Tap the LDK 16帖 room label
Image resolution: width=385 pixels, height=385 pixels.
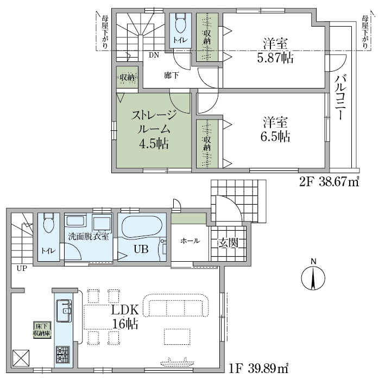125,317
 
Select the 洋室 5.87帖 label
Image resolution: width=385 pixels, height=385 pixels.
275,51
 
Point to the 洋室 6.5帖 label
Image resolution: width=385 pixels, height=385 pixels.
275,129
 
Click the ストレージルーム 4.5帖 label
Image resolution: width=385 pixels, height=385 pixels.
154,129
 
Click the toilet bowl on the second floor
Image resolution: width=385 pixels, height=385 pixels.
180,23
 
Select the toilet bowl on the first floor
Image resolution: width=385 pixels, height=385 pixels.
48,223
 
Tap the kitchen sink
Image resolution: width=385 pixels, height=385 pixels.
64,311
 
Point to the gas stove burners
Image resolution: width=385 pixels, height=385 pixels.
63,354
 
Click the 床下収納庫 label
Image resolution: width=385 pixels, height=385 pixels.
42,330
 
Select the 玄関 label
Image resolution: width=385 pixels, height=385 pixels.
228,243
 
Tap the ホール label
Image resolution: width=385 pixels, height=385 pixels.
190,241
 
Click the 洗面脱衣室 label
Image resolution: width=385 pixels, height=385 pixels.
89,236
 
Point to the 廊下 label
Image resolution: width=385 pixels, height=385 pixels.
172,75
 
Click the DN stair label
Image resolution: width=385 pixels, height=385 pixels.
154,55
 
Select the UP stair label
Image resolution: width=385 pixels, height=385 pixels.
22,268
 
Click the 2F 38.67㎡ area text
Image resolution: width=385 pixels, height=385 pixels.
329,182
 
